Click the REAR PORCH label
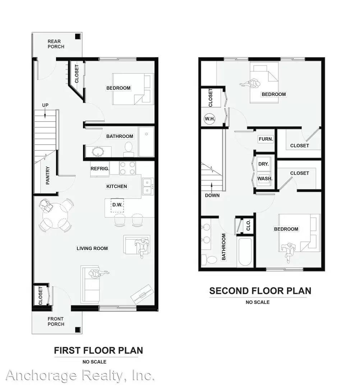tap(56, 44)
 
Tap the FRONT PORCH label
tap(56, 321)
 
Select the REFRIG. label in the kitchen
tap(100, 168)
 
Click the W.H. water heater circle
tap(209, 119)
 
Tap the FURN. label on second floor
tap(266, 139)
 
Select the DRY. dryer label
tap(263, 164)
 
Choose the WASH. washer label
tap(264, 178)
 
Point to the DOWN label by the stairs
tap(212, 195)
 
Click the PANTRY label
tap(48, 176)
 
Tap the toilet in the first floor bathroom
tap(129, 149)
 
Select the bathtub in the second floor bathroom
tap(244, 251)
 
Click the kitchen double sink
tap(147, 186)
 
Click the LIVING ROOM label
tap(92, 248)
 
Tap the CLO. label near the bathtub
tap(248, 225)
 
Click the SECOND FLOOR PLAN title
tap(260, 291)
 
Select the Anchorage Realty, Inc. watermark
tap(80, 375)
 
